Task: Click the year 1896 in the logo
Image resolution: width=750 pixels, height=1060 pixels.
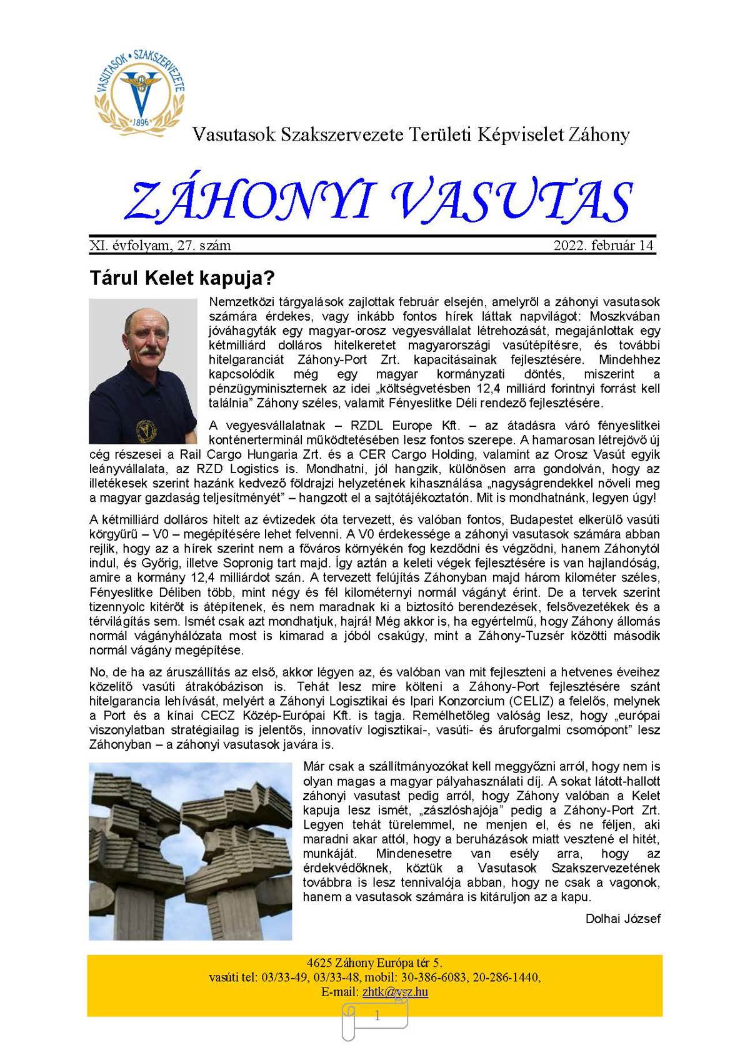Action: click(x=141, y=122)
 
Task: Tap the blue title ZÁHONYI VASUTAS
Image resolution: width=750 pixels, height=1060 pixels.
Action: click(x=378, y=201)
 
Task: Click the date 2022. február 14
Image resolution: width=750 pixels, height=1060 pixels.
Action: click(x=603, y=246)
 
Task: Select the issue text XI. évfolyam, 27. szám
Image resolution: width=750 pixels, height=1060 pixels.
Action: click(x=160, y=246)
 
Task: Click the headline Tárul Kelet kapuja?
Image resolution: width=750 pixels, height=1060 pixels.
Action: click(x=182, y=277)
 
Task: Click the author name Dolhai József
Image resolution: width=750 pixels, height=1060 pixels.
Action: click(x=622, y=919)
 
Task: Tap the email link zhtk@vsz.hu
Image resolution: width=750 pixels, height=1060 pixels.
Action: click(x=395, y=992)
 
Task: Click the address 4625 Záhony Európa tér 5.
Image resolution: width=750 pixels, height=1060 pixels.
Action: click(x=374, y=963)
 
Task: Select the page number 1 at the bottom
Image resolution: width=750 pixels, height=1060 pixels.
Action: click(x=377, y=1016)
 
